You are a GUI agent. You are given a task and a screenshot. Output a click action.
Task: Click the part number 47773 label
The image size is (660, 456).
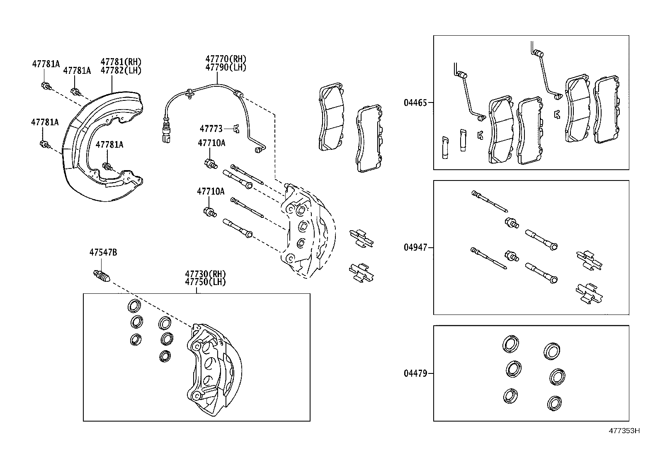(211, 129)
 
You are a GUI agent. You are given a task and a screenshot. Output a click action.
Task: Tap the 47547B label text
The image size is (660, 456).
(103, 252)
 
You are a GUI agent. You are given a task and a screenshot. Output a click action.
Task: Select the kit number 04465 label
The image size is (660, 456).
(415, 103)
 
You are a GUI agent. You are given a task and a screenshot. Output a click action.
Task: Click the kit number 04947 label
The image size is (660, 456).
(415, 248)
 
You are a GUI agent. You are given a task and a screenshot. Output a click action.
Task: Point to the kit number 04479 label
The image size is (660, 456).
(415, 373)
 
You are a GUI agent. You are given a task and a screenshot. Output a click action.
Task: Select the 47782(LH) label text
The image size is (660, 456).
(121, 71)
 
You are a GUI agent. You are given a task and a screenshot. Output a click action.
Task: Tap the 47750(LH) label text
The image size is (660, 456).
(205, 282)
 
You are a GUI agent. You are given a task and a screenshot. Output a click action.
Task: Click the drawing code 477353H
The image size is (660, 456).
(624, 431)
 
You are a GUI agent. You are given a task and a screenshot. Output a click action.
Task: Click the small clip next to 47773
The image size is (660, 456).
(236, 129)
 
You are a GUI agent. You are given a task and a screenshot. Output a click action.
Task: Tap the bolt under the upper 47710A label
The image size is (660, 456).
(211, 163)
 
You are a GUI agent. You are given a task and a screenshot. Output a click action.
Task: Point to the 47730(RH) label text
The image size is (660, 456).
(205, 274)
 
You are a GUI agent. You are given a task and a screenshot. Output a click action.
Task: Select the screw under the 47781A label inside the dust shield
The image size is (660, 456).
(108, 167)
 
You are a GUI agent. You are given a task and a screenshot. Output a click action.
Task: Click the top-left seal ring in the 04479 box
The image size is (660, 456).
(510, 344)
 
